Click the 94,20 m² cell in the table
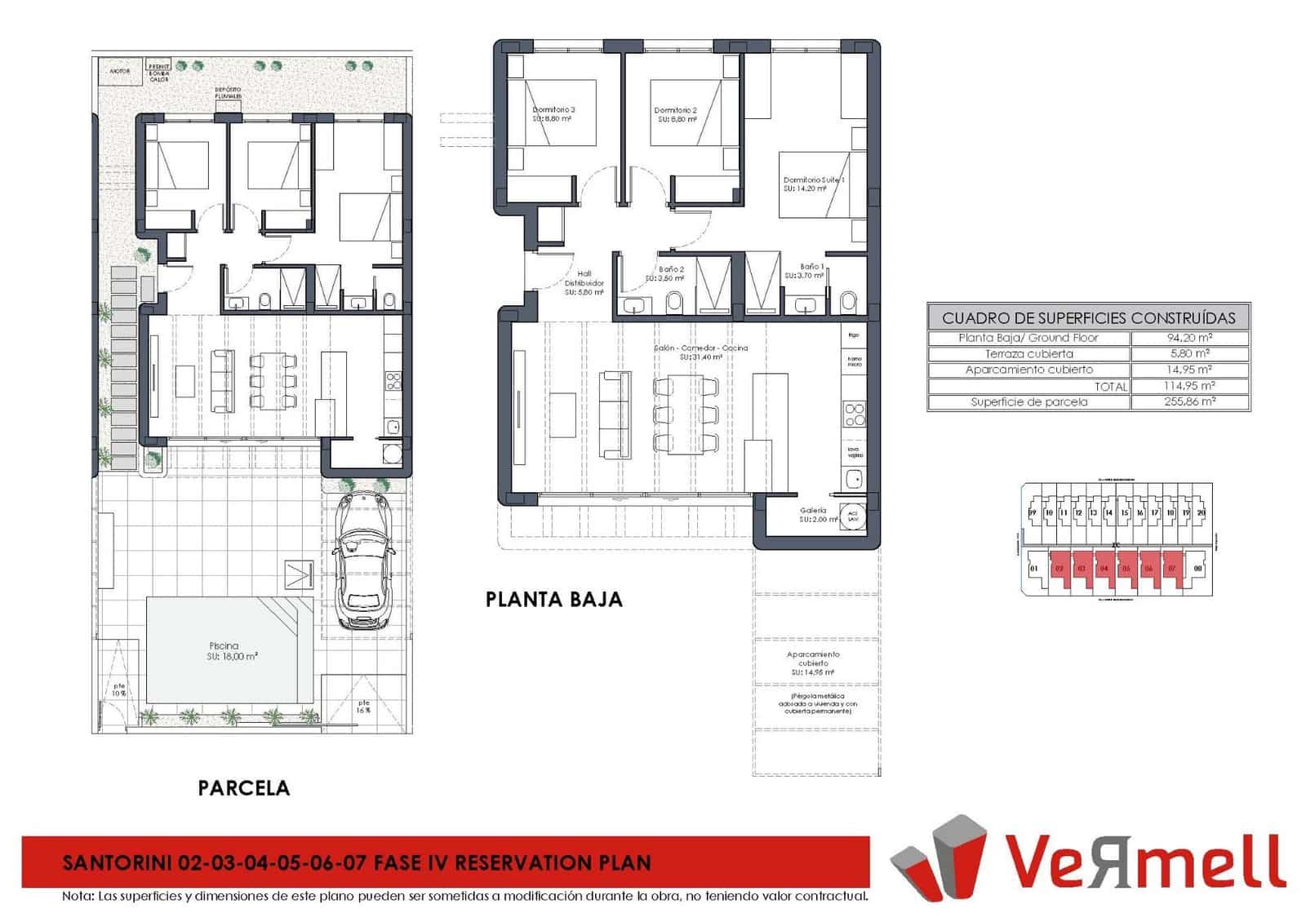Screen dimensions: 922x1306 point(1189,337)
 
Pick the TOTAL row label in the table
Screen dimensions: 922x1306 point(1111,386)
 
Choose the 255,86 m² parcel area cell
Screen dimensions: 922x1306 point(1189,401)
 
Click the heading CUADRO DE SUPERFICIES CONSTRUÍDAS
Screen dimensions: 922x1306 point(1088,317)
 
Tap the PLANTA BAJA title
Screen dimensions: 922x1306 point(553,600)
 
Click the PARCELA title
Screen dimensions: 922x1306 point(243,787)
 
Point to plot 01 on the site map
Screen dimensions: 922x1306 point(1033,568)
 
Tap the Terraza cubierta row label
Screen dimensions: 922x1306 point(1028,353)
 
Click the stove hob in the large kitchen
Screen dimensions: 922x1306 point(854,415)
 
